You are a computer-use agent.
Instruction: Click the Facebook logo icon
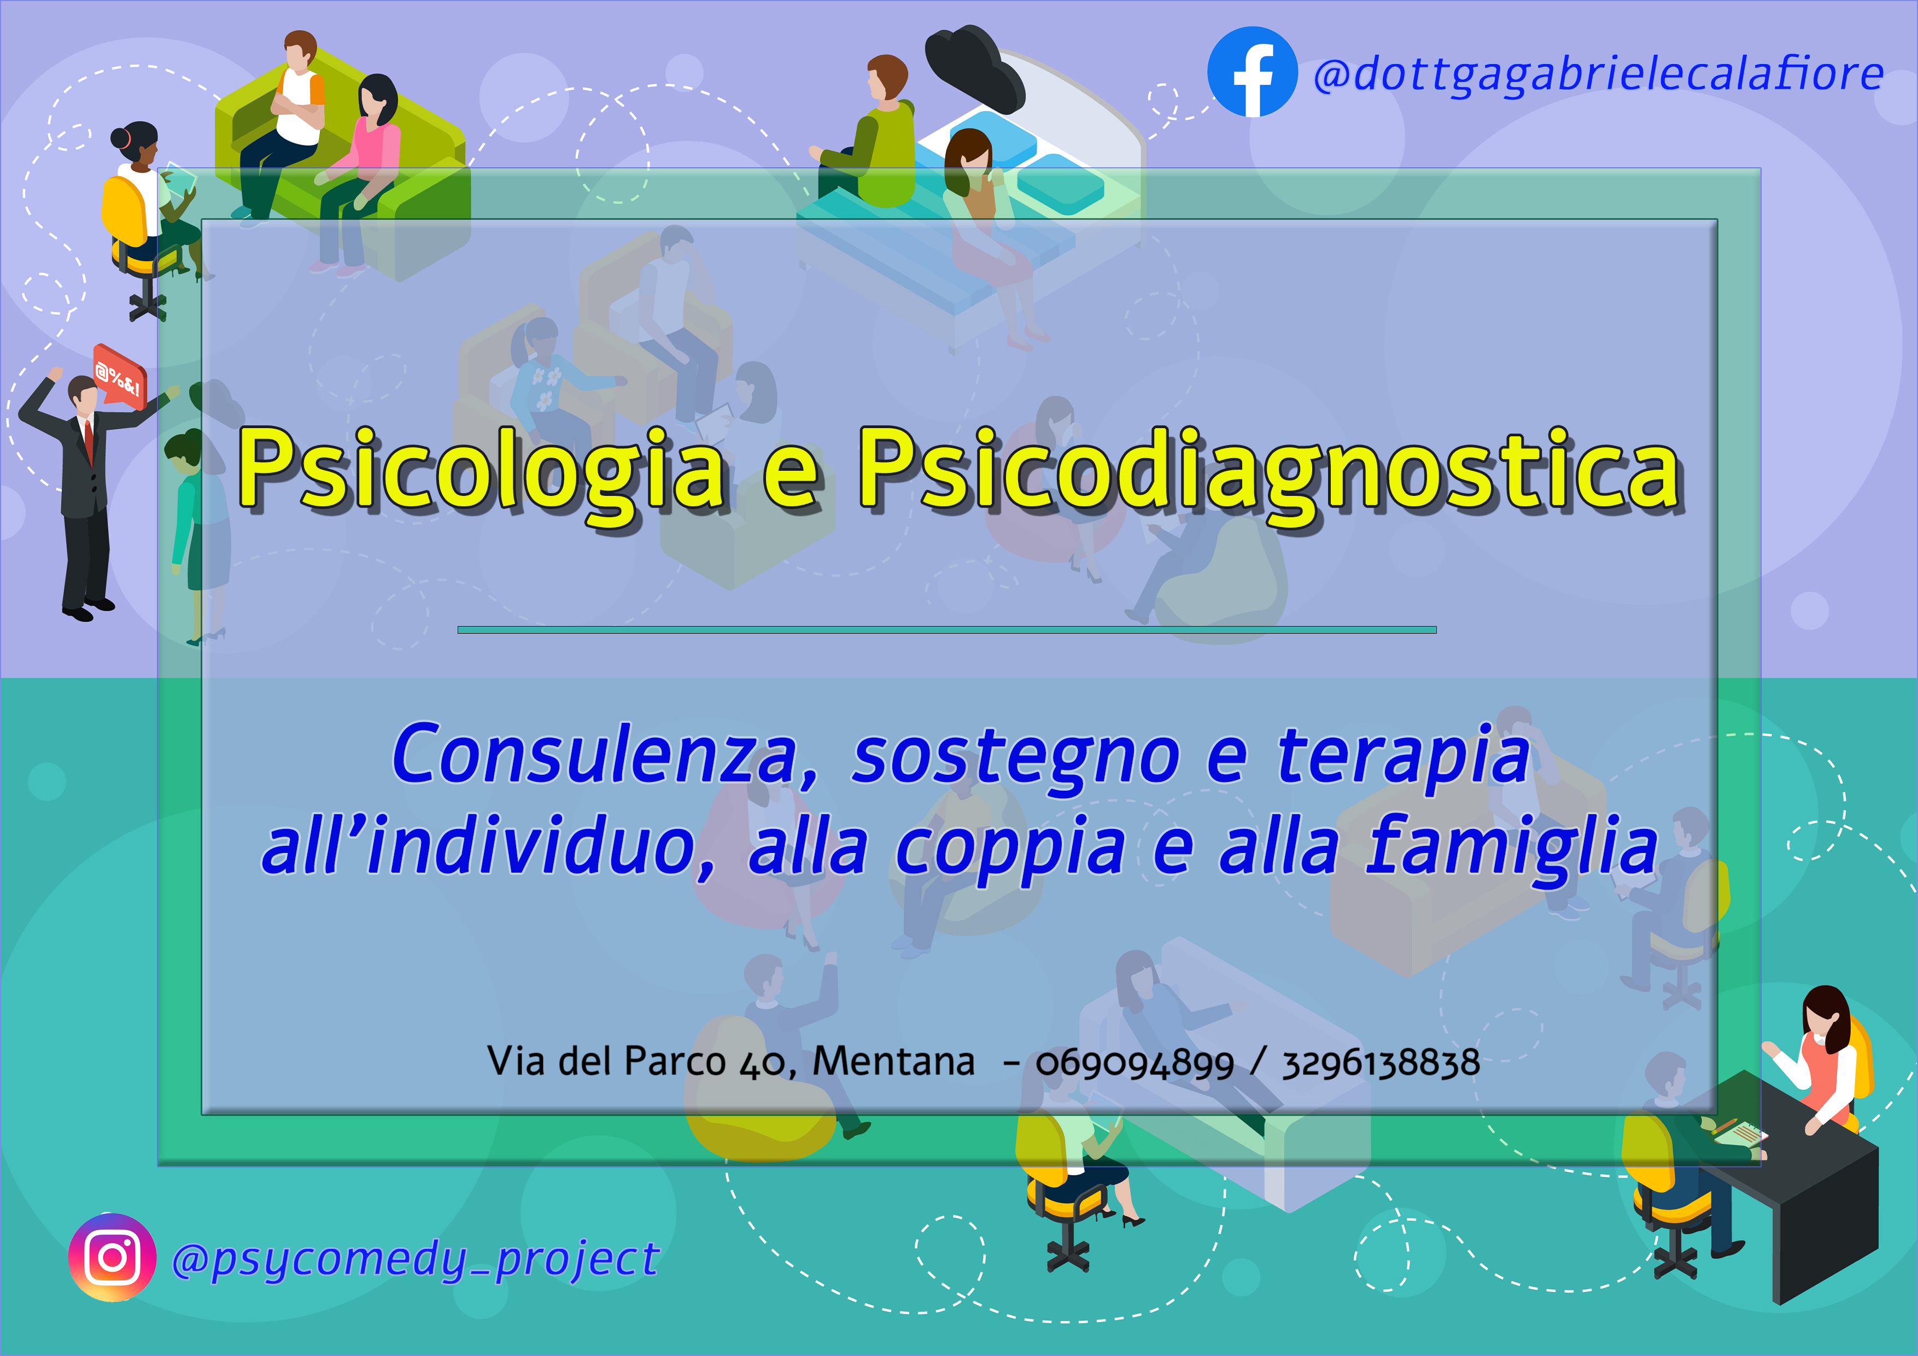pos(1252,72)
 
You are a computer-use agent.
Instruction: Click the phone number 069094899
pos(1135,1063)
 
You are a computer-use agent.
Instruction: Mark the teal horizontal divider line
pos(946,630)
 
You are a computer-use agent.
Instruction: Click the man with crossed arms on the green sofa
pos(282,125)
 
